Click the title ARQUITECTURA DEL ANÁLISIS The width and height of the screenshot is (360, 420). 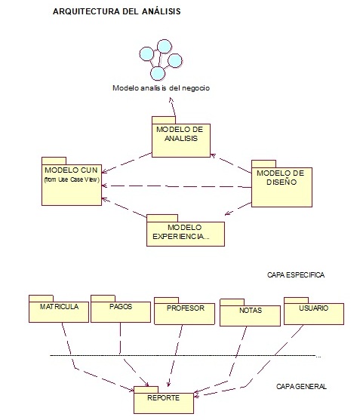coord(116,12)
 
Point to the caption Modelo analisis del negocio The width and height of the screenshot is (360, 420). coord(161,88)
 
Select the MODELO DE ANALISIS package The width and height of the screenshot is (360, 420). coord(178,139)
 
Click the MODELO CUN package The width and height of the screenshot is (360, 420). coord(71,181)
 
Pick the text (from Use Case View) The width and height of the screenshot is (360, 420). coord(72,179)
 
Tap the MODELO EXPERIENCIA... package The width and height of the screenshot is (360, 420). coord(186,233)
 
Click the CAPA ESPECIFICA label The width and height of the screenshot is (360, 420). coord(296,275)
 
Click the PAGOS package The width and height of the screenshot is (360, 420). coord(120,311)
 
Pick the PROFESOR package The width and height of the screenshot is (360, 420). coord(184,313)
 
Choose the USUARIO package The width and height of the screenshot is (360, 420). coord(313,312)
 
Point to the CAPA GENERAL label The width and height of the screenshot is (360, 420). coord(301,386)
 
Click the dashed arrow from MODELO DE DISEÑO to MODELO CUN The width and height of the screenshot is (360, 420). coord(177,185)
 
